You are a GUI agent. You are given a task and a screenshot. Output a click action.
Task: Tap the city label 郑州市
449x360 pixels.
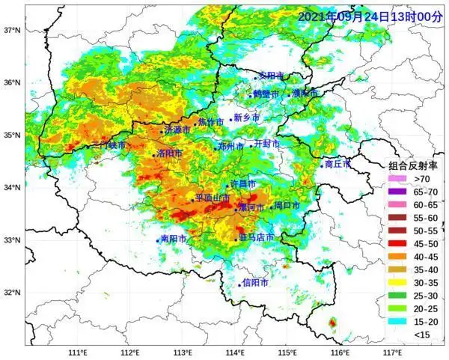(x=230, y=146)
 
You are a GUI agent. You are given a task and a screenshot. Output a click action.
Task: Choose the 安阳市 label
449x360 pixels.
(x=272, y=76)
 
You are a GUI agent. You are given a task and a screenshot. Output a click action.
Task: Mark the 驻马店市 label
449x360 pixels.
(x=256, y=237)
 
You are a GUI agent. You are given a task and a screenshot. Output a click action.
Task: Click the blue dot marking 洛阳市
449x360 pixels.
(x=154, y=155)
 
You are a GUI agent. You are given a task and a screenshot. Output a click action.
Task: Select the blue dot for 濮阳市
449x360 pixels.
(x=289, y=95)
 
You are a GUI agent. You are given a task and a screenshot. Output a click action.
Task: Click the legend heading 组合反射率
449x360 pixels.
(x=412, y=166)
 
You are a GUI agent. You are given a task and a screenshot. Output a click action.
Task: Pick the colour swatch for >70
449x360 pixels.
(x=397, y=180)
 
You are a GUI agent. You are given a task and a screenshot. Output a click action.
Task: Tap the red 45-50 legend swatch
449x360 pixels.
(x=397, y=243)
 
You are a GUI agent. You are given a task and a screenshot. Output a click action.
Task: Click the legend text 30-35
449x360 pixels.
(x=425, y=281)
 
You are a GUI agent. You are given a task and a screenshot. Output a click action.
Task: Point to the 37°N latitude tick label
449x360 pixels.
(x=10, y=31)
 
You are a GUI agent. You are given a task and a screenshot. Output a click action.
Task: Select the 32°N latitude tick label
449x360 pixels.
(x=10, y=293)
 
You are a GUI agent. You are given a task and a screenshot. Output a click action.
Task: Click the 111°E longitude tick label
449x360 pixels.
(x=78, y=352)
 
